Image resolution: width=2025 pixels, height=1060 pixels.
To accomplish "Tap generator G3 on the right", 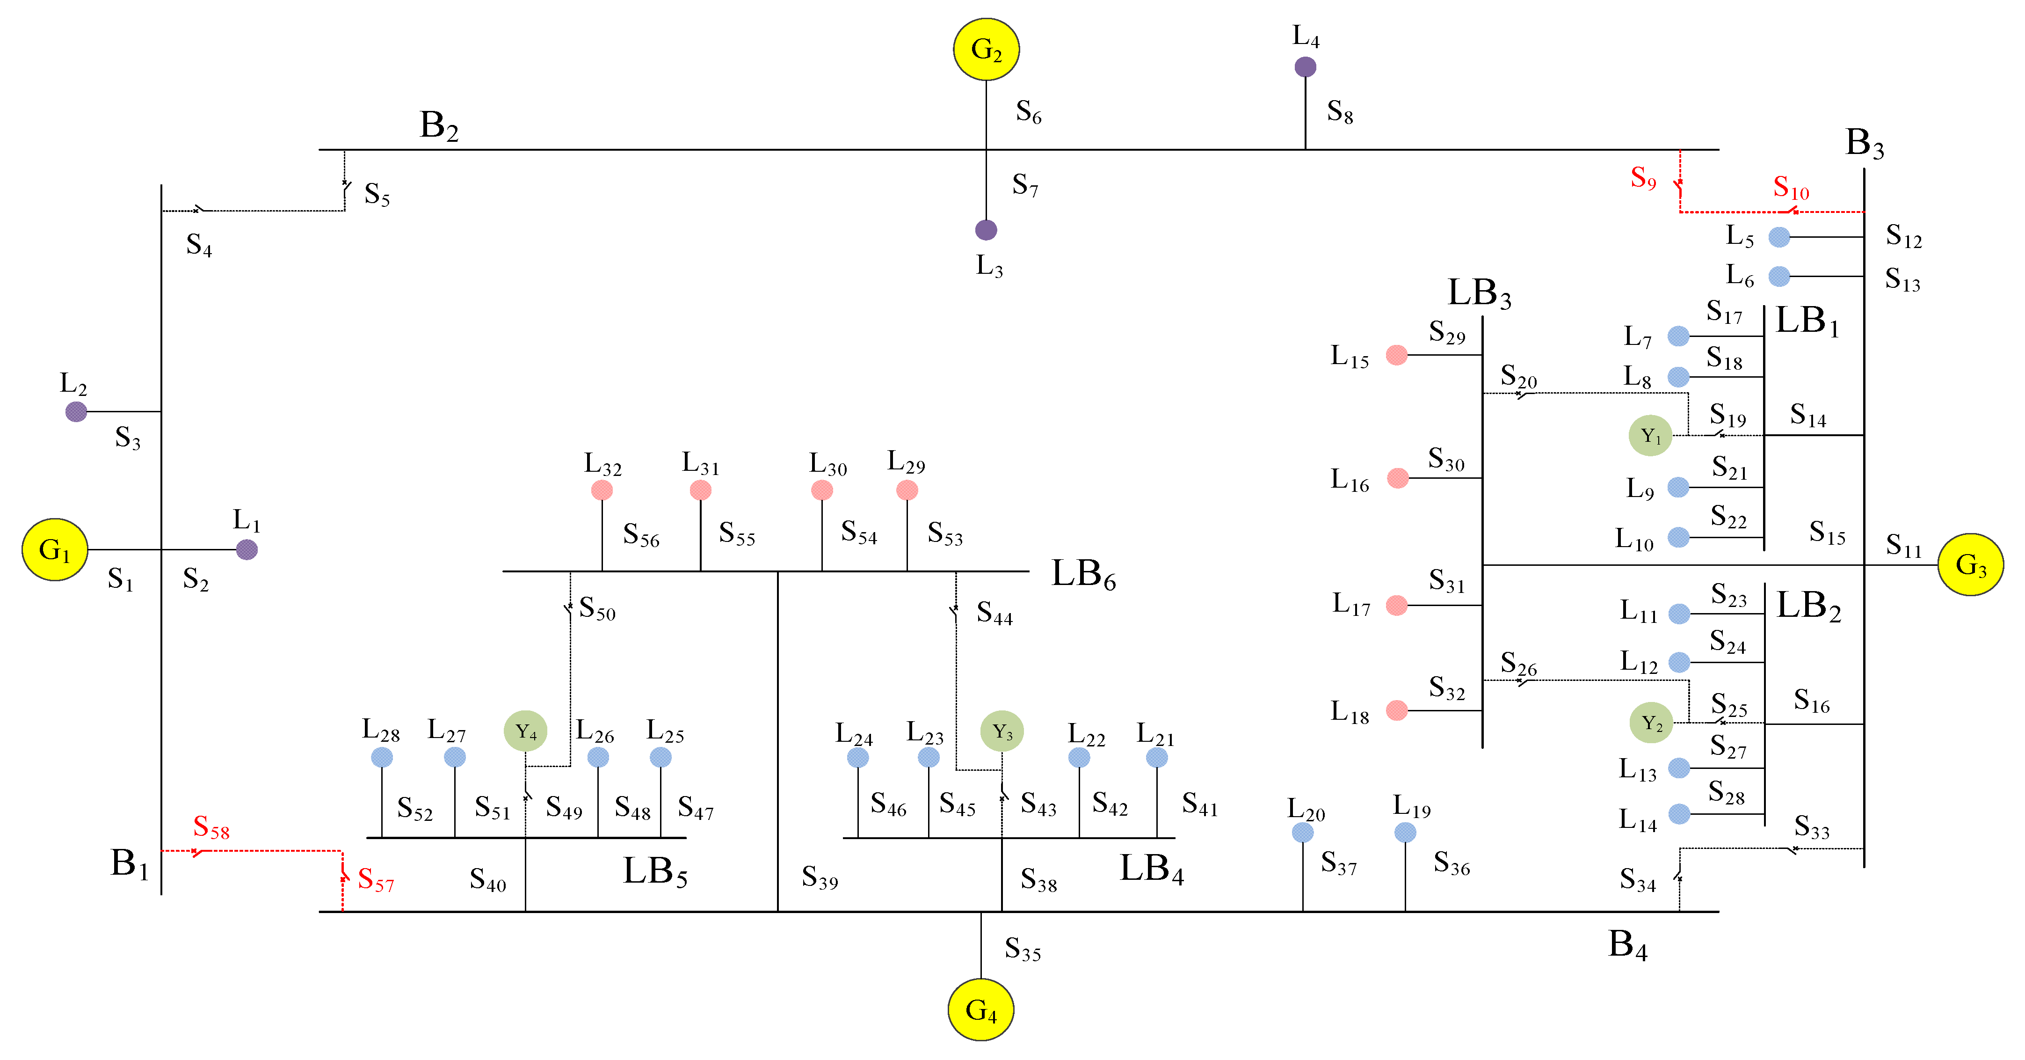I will [x=1970, y=564].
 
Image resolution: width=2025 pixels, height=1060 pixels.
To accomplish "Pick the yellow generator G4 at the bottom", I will [x=980, y=1009].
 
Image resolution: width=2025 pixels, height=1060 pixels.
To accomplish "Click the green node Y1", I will [x=1650, y=436].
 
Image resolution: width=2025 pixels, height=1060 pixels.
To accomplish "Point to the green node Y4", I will [x=525, y=732].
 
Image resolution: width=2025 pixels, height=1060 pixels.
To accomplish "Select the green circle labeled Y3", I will [x=1002, y=731].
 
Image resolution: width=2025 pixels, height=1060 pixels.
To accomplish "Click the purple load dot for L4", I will [x=1305, y=67].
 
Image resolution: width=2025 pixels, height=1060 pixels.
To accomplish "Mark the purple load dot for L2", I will [x=76, y=411].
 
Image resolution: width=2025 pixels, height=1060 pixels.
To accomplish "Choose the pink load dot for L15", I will [x=1396, y=355].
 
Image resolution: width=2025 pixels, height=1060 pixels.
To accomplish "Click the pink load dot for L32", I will [x=602, y=490].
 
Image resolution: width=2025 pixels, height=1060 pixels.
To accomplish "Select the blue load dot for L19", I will [x=1405, y=832].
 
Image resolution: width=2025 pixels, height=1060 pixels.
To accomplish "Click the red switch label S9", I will [x=1643, y=178].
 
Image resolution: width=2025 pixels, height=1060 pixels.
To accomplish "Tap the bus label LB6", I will [x=1083, y=574].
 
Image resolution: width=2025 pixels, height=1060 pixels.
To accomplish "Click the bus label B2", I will [x=439, y=126].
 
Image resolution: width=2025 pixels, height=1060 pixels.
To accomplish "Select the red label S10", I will [x=1791, y=188].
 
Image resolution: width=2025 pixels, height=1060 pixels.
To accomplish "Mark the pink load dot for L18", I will [x=1396, y=710].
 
